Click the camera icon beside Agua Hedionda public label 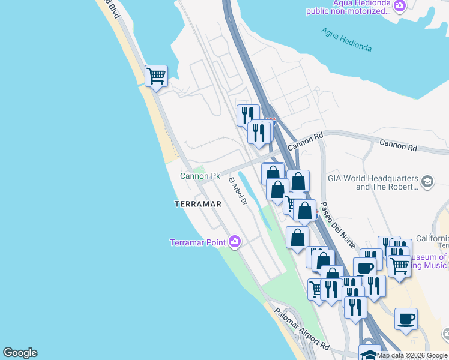click(x=400, y=5)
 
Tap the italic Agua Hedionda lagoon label click(x=346, y=40)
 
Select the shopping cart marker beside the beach click(x=156, y=77)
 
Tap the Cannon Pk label click(x=200, y=176)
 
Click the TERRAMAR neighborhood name click(x=198, y=204)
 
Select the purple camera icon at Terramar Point click(x=235, y=242)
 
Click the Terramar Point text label click(x=197, y=242)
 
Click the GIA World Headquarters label click(x=372, y=179)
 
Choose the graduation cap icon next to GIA click(x=427, y=182)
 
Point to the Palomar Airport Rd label click(x=302, y=330)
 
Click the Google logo click(x=20, y=353)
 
